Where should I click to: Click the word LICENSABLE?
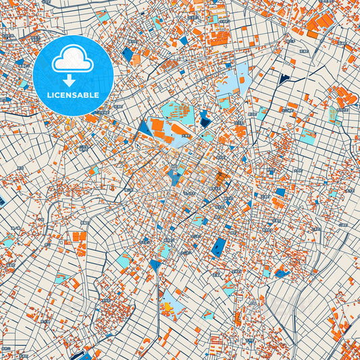tap(73, 95)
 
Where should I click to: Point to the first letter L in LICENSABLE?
tap(49, 95)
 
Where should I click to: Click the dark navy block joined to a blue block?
tap(205, 122)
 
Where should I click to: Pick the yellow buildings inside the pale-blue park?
tap(167, 307)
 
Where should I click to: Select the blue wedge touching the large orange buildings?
tap(144, 126)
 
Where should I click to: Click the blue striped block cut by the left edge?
tap(2, 201)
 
